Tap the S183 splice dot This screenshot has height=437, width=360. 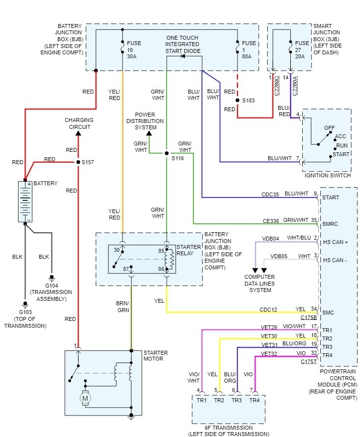click(237, 100)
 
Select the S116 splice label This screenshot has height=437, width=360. click(177, 159)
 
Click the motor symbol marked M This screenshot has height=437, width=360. click(85, 399)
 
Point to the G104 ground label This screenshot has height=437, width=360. click(51, 285)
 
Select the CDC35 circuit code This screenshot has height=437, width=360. click(270, 194)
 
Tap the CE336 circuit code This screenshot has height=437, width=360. click(270, 221)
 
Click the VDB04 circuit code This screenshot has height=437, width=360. click(271, 239)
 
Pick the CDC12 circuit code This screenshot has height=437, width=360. click(268, 309)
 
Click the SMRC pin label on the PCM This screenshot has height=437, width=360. click(331, 224)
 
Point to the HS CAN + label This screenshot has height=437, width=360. click(335, 242)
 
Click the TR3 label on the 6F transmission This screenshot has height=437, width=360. click(237, 400)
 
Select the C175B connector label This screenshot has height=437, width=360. click(309, 317)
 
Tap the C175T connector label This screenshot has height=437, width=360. click(309, 362)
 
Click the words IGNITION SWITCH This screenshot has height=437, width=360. click(327, 175)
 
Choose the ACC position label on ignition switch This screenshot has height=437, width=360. click(341, 137)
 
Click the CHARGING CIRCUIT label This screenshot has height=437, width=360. click(78, 123)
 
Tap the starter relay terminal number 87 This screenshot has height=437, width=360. click(126, 269)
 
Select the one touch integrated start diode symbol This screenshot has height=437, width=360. click(183, 56)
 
